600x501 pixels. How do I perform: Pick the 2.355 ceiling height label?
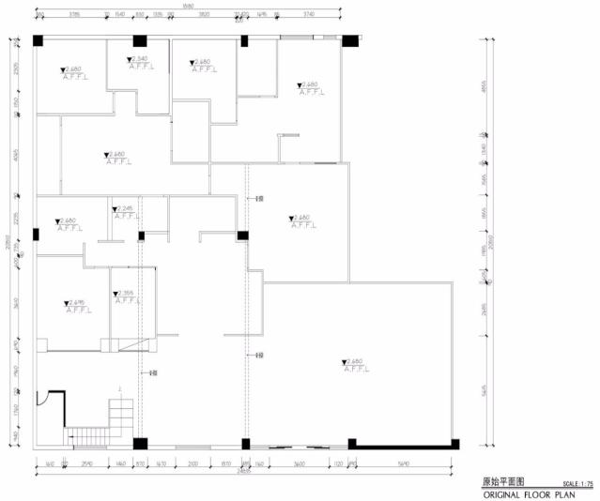coord(123,294)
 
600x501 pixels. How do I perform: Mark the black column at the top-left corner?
coord(38,41)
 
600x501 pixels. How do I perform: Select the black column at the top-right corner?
coord(350,41)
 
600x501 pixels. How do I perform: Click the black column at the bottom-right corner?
coord(455,442)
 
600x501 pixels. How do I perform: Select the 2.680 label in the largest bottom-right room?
coord(353,361)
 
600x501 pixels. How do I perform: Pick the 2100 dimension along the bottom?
coord(192,463)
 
